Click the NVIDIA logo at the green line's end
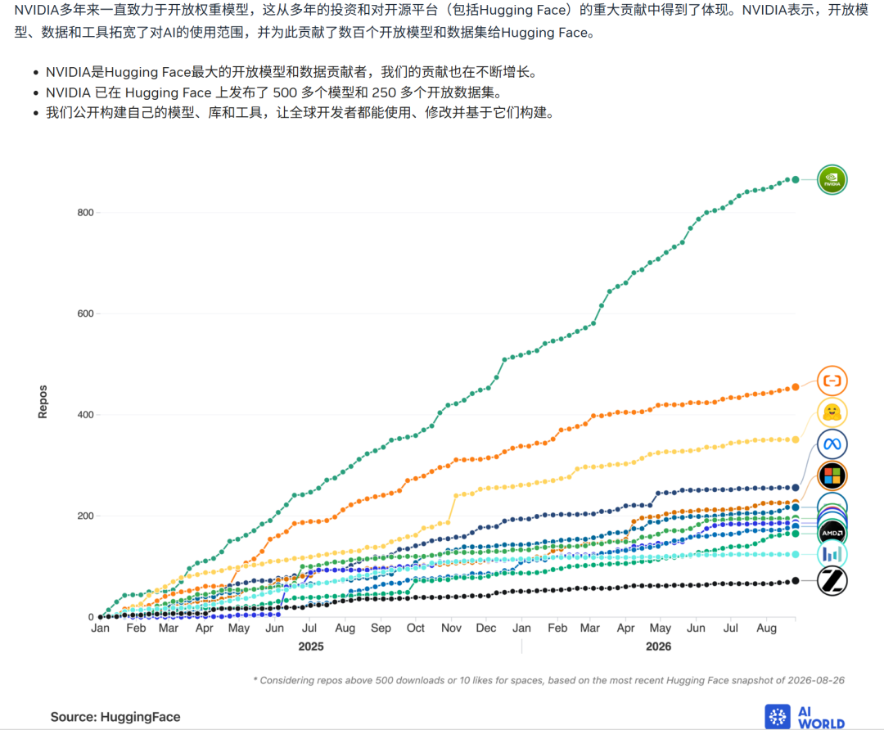[832, 180]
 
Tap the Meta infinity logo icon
[832, 444]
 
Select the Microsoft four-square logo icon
[832, 475]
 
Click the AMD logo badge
[832, 533]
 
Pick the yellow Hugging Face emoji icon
[832, 412]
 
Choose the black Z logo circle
[832, 580]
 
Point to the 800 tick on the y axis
[86, 213]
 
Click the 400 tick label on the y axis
[86, 415]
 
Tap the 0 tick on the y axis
[91, 617]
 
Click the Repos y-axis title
[43, 402]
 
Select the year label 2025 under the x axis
[311, 647]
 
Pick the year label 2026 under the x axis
[658, 647]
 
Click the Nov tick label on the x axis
[451, 628]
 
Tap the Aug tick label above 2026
[766, 628]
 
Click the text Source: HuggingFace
[115, 717]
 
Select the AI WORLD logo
[805, 717]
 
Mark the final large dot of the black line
[796, 580]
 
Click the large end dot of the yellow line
[796, 439]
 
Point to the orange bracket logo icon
[832, 381]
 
